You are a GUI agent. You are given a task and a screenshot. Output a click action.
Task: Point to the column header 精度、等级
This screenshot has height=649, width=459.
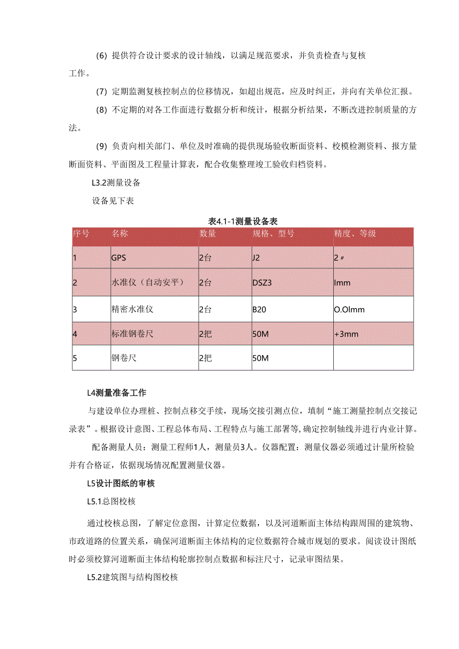pos(355,233)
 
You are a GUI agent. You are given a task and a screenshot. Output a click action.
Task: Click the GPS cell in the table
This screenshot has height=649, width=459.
pos(119,258)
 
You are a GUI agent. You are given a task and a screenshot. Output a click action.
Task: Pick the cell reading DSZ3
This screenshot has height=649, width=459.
pos(263,283)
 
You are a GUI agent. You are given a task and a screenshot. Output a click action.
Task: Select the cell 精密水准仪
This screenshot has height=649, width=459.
pos(132,309)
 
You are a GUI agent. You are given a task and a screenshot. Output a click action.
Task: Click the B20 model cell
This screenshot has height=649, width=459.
pos(259,309)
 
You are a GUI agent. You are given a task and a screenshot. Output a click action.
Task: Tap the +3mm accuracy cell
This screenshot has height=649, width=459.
pos(347,334)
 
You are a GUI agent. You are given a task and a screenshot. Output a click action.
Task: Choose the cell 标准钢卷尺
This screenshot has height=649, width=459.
pos(132,334)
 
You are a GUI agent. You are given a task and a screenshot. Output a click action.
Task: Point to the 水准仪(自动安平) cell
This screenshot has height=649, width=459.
pos(148,283)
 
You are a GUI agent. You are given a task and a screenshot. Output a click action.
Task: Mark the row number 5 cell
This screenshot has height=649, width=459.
pos(75,358)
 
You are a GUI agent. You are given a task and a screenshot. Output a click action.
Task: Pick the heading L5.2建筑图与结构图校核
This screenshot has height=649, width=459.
pos(132,578)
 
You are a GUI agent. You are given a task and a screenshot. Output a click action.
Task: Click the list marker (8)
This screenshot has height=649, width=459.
pos(101,110)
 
